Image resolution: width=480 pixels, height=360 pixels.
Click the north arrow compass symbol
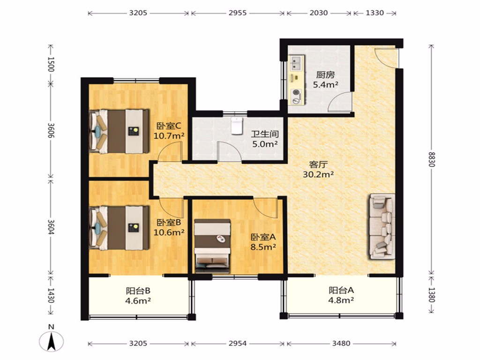point(52,340)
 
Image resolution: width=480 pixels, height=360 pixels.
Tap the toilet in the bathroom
point(237,126)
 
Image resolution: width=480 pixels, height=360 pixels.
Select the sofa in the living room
point(382,226)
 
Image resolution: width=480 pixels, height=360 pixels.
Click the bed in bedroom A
point(212,246)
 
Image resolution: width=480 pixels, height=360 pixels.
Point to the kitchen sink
point(296,63)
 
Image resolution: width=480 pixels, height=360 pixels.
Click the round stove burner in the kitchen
point(296,92)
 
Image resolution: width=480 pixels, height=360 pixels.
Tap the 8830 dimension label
point(431,159)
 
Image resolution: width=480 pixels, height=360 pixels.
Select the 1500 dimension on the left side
point(51,64)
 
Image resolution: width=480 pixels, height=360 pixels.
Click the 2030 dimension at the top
point(319,13)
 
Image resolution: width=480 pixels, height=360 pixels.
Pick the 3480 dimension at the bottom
point(341,344)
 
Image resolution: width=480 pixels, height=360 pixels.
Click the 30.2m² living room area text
point(318,174)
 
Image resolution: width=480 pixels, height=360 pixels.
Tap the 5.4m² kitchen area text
point(325,84)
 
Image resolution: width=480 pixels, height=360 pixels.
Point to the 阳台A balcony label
point(341,290)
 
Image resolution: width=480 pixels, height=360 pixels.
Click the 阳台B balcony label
point(138,290)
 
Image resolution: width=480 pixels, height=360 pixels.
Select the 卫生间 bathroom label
point(265,134)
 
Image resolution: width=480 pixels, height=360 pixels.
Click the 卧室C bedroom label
point(169,126)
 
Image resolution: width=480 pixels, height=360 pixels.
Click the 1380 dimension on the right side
point(431,294)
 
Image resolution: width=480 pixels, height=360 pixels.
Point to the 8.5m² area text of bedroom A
point(263,247)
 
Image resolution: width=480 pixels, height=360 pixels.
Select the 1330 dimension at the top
point(375,13)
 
